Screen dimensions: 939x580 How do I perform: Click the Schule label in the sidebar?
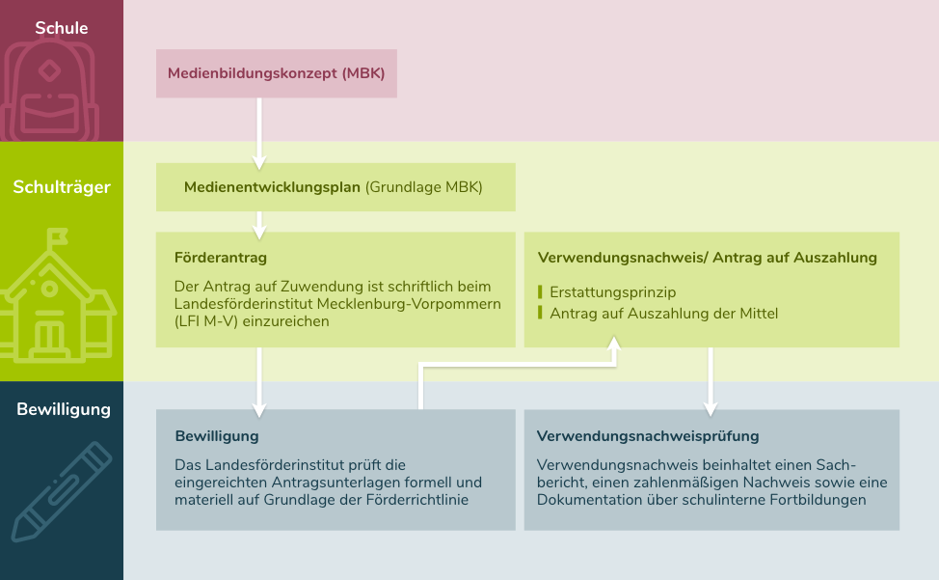(x=61, y=28)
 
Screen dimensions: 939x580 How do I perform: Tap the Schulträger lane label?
(x=62, y=187)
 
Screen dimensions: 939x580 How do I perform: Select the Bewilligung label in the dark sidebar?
(x=64, y=409)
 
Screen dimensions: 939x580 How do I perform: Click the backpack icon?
(x=49, y=90)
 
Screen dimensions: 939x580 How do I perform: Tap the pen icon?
(x=62, y=491)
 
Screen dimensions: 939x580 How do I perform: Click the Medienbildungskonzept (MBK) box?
(x=276, y=73)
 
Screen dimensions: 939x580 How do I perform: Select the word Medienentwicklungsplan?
(x=272, y=187)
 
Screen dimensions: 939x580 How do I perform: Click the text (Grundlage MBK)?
(x=424, y=187)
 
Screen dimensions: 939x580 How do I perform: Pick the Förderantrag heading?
(x=221, y=258)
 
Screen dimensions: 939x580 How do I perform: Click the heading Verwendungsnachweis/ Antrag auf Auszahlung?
(x=708, y=258)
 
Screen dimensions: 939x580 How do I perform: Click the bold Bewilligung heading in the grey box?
(x=217, y=436)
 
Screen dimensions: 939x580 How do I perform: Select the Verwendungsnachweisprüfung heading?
(x=647, y=436)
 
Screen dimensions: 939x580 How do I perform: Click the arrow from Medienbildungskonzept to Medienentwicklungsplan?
(x=259, y=133)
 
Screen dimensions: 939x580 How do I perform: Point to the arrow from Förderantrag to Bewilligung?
(x=259, y=382)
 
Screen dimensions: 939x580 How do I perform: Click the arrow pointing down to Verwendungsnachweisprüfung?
(x=711, y=381)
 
